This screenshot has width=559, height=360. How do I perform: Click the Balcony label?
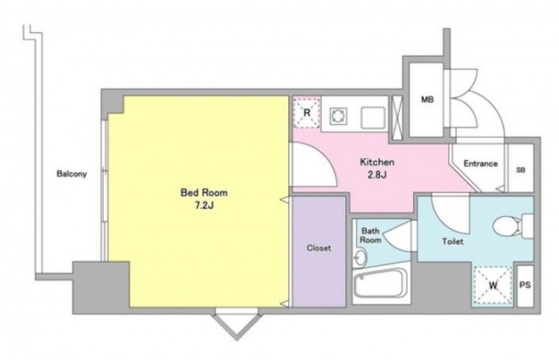(x=72, y=174)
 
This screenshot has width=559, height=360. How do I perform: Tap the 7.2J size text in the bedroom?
(x=204, y=206)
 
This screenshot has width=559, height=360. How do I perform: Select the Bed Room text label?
(x=204, y=192)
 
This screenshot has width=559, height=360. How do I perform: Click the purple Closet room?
(x=319, y=252)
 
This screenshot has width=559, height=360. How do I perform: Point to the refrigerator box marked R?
(x=307, y=113)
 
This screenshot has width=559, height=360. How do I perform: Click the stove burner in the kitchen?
(x=338, y=116)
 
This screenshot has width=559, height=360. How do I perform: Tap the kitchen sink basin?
(x=373, y=117)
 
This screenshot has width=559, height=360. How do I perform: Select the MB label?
(x=427, y=100)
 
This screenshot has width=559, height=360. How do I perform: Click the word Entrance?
(x=480, y=163)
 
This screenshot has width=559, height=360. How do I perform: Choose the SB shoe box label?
(x=521, y=170)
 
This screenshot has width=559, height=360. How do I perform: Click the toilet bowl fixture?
(x=513, y=225)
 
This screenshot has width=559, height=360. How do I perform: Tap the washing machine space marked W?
(x=493, y=286)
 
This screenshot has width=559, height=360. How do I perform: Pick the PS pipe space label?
(x=525, y=285)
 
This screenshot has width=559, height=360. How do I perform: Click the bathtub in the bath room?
(x=381, y=284)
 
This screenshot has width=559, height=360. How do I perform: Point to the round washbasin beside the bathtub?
(x=361, y=257)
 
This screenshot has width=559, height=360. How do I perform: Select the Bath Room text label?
(x=370, y=235)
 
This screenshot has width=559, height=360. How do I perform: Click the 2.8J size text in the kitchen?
(x=377, y=175)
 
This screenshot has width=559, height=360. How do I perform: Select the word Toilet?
(x=452, y=241)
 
